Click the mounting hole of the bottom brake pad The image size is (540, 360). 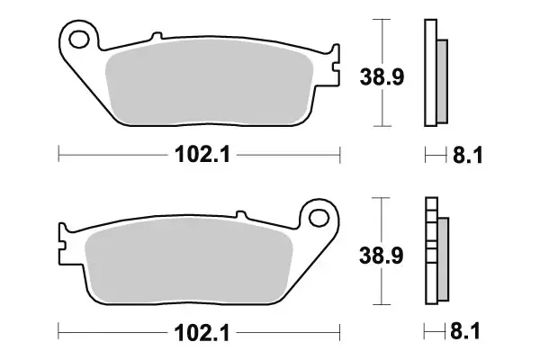click(317, 216)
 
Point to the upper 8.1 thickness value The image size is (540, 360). click(468, 156)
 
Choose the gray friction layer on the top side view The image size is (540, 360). click(441, 81)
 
